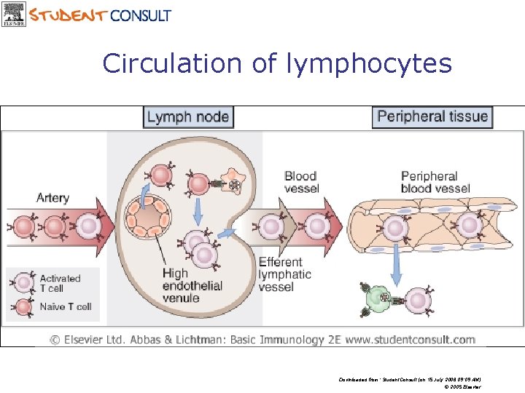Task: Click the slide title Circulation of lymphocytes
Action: (x=277, y=64)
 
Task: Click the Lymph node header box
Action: (x=188, y=116)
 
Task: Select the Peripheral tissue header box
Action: (x=432, y=116)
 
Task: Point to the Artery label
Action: (x=52, y=197)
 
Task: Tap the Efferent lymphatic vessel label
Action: (x=284, y=274)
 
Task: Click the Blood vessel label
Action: (x=301, y=182)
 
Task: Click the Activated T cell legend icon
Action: (x=25, y=283)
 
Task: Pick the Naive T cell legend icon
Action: (x=25, y=306)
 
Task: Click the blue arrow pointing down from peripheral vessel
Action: (x=396, y=264)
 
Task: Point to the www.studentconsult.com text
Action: (x=411, y=339)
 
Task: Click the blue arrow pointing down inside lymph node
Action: (x=198, y=212)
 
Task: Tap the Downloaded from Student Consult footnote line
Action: (x=409, y=379)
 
